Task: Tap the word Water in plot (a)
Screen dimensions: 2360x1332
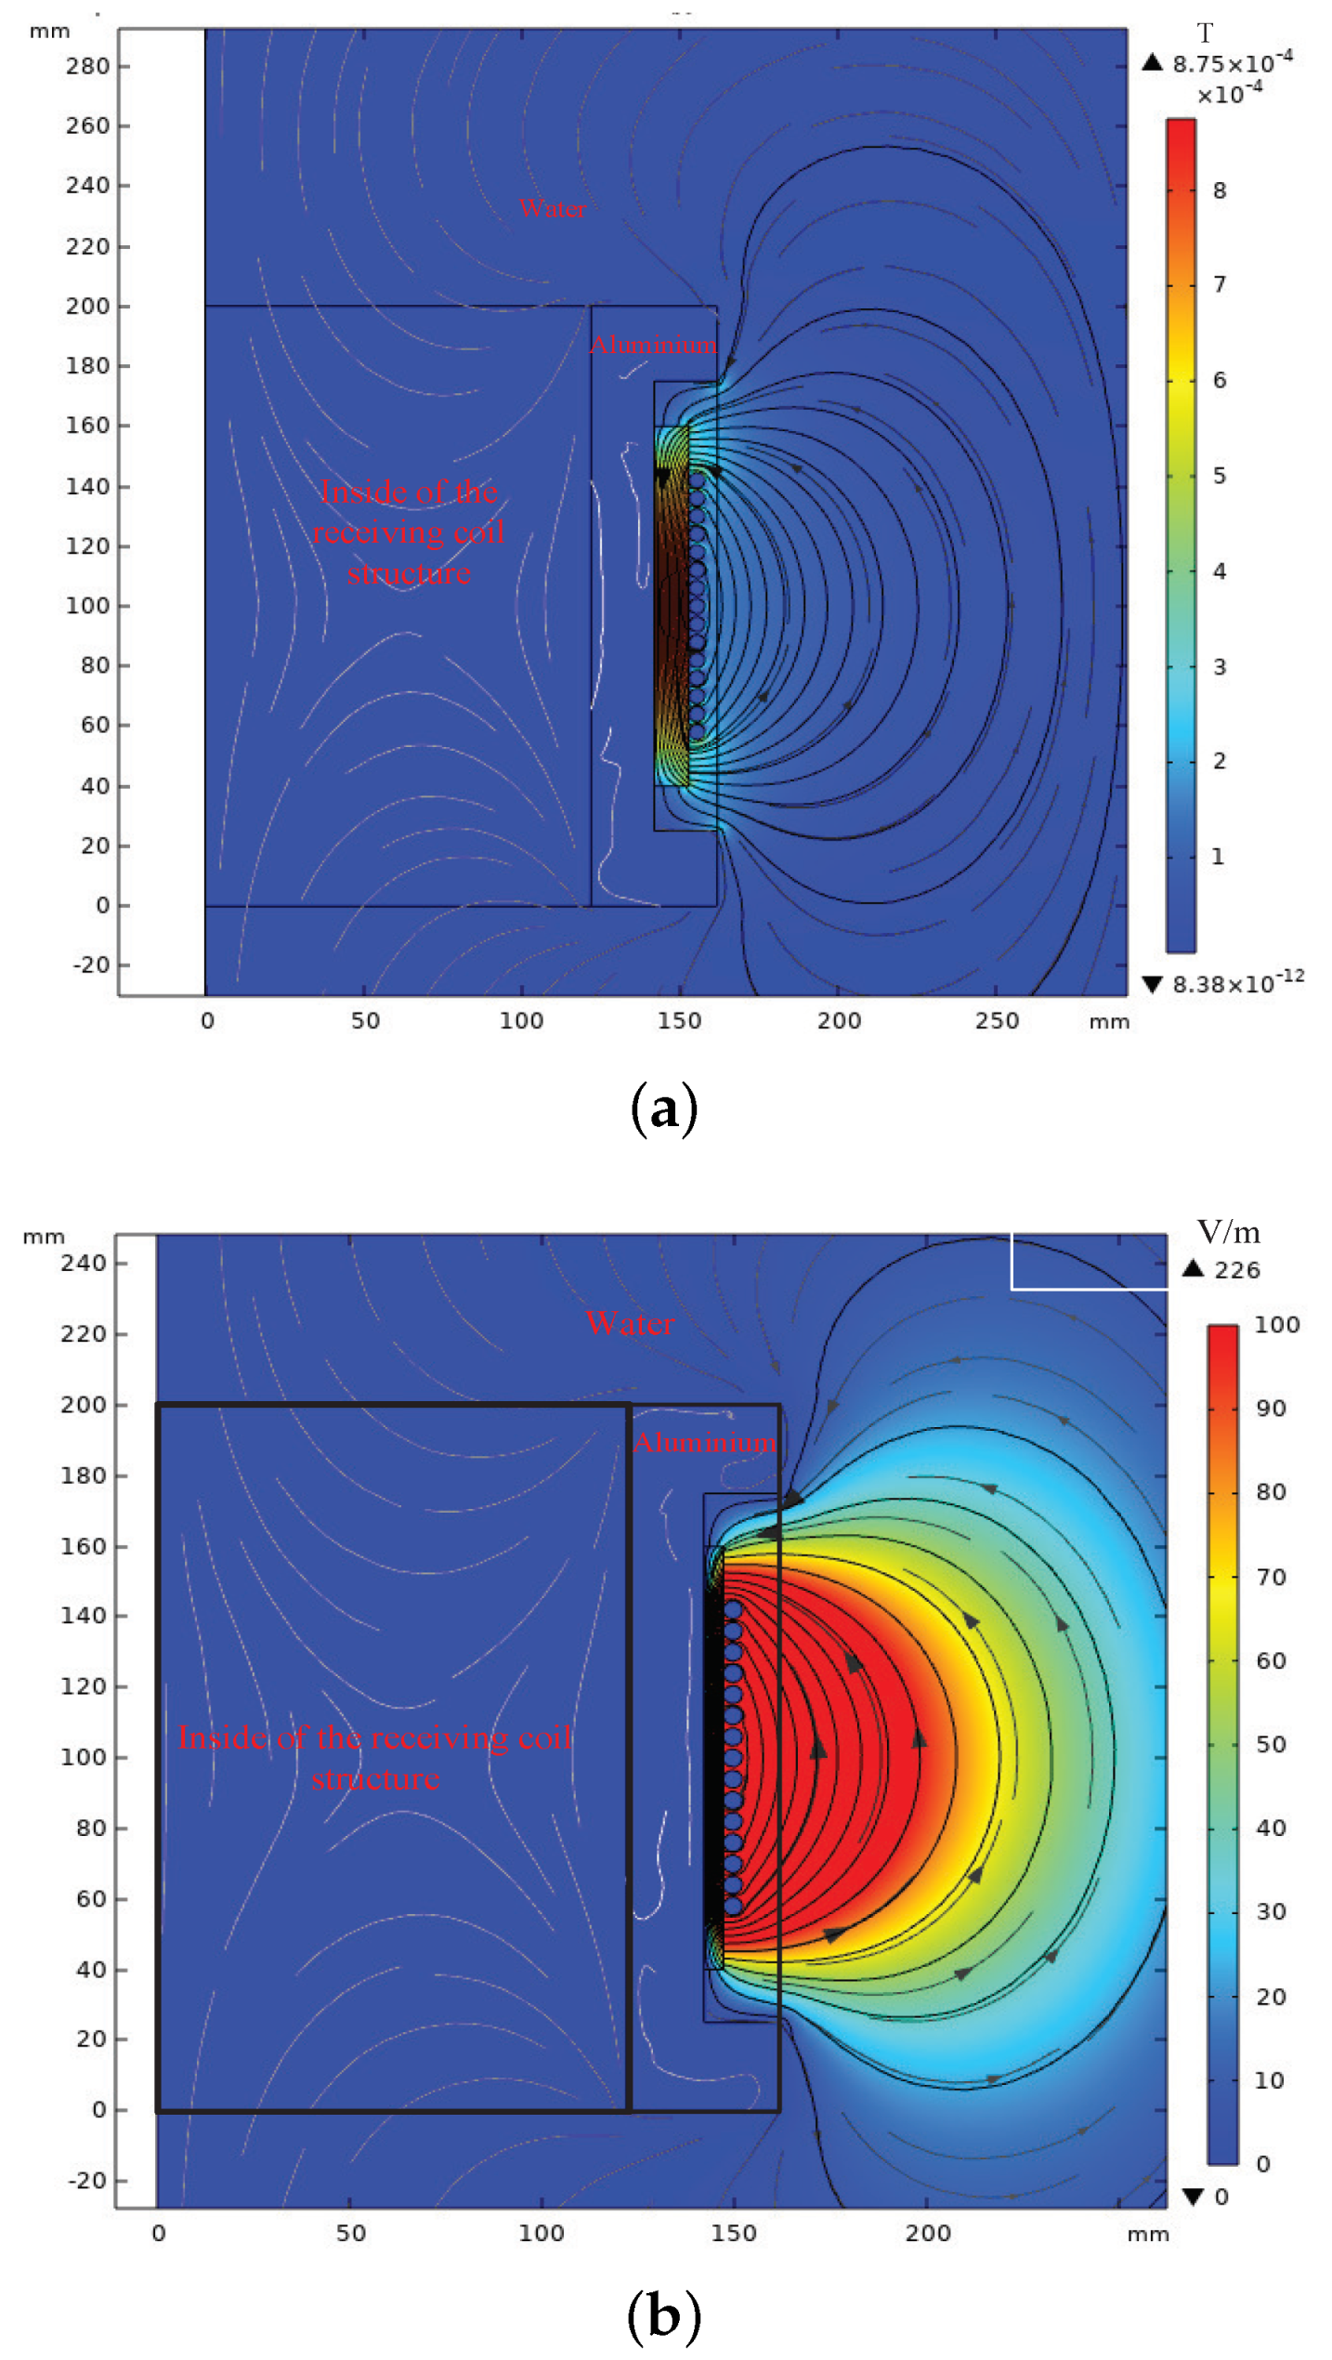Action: coord(552,208)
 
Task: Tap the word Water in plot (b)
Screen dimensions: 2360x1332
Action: coord(630,1323)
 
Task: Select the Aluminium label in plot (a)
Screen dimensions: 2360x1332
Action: coord(653,345)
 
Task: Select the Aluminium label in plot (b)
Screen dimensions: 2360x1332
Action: coord(704,1443)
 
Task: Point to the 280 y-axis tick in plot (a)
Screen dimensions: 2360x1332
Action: coord(87,66)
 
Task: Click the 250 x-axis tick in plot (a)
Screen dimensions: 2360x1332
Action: coord(996,1020)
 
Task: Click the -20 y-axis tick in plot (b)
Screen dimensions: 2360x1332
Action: coord(86,2181)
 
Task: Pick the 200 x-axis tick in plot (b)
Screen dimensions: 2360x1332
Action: coord(927,2234)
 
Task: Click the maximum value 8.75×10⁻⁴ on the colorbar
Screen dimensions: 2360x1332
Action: coord(1232,63)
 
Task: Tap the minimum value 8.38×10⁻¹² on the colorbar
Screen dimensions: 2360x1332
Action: coord(1237,983)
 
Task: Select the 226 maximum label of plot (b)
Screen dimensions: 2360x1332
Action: coord(1236,1270)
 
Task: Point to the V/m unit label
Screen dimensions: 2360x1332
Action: coord(1228,1233)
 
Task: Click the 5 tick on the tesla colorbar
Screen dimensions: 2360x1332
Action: coord(1219,476)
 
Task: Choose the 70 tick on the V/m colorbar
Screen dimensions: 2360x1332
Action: coord(1270,1577)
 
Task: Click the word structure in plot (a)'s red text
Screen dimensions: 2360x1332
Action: coord(409,573)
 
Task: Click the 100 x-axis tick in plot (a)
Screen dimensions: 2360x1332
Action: coord(521,1020)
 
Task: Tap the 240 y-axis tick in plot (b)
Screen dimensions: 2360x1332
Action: coord(83,1263)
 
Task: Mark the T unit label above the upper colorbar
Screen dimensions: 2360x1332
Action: coord(1204,33)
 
